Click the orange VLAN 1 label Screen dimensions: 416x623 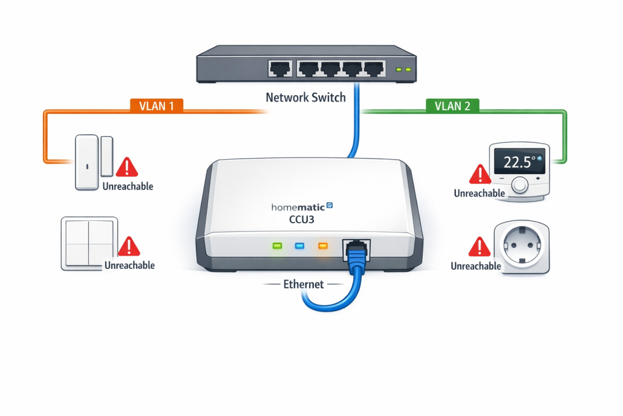(156, 105)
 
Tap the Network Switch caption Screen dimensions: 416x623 (305, 97)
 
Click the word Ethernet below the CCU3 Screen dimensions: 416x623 (304, 283)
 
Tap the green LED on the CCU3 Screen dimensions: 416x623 (278, 246)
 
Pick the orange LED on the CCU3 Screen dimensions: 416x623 (322, 246)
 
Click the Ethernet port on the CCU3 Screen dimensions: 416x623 (357, 248)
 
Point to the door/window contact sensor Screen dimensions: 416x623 (93, 162)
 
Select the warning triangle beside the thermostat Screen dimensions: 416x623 (480, 174)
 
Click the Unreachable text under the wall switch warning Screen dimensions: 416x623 (129, 265)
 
